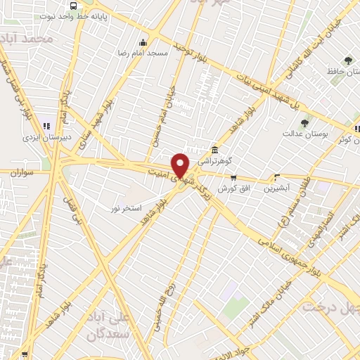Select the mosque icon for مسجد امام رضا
(144, 41)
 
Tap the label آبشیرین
(276, 188)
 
